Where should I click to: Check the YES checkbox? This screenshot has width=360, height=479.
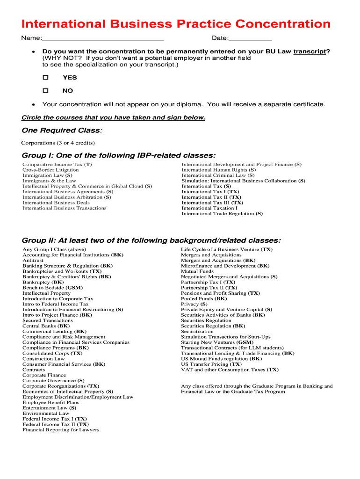(46, 78)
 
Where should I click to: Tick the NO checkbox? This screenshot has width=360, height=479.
(46, 91)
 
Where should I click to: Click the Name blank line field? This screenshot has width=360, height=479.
(102, 38)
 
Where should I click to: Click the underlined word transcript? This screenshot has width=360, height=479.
(310, 51)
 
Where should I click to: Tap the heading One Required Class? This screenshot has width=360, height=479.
(61, 130)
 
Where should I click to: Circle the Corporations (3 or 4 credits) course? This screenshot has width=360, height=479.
(58, 143)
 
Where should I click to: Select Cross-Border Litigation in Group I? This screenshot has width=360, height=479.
(50, 170)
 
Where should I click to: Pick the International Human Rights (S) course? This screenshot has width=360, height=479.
(218, 170)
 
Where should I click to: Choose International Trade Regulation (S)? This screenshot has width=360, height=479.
(222, 213)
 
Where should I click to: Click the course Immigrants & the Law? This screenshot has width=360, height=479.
(49, 181)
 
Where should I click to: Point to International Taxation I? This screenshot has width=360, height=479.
(209, 208)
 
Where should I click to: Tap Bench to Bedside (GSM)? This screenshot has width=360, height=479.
(52, 288)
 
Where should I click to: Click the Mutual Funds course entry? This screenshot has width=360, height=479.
(197, 271)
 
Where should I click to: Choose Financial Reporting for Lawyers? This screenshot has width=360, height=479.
(61, 430)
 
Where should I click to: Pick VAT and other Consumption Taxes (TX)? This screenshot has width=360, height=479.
(230, 370)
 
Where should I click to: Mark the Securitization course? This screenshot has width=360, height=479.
(197, 331)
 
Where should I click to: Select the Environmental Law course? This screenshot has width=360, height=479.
(45, 414)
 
